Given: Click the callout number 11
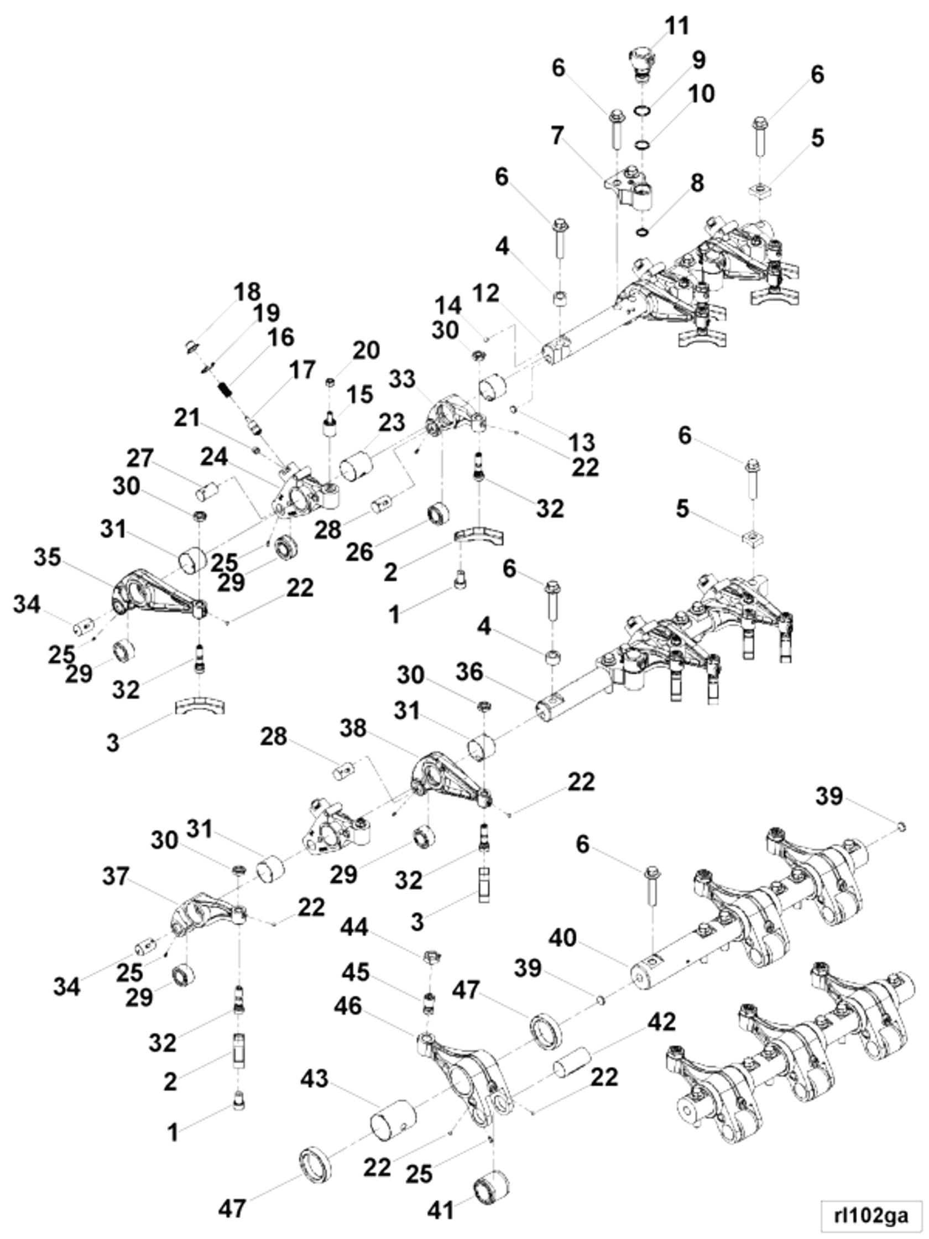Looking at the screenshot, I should coord(676,26).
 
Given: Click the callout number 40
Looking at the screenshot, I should coord(563,937).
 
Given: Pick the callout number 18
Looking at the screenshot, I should coord(247,292).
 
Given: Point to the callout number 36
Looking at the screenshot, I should coord(469,671).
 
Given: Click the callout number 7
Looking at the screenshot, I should coord(557,135).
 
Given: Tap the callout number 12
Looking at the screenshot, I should coord(486,293).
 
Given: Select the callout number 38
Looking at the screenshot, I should coord(353,728).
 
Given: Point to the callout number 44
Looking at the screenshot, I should coord(354,928).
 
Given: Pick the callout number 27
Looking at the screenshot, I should coord(139,457).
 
